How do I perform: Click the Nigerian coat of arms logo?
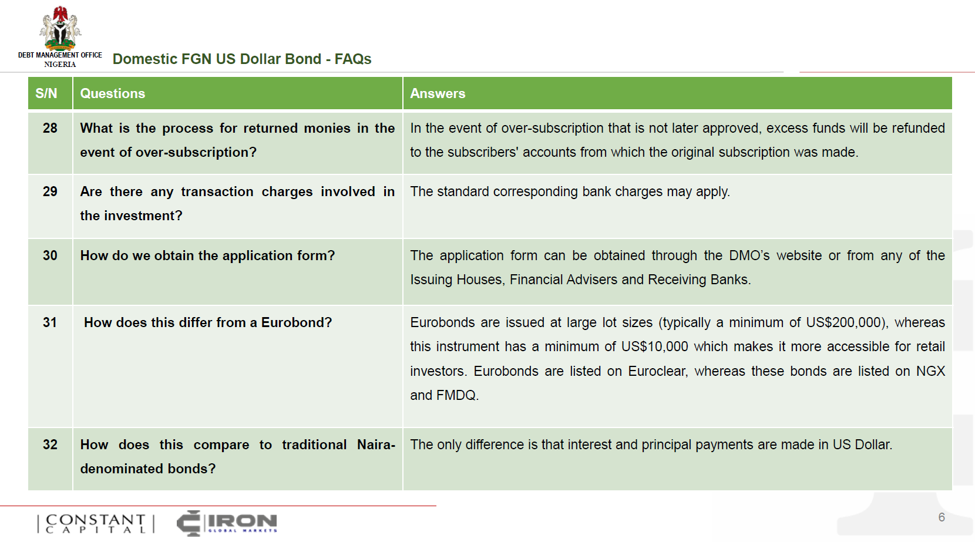point(60,28)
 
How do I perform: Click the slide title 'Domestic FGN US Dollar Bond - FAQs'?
point(241,59)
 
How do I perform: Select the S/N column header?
point(46,93)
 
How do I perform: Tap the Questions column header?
point(112,93)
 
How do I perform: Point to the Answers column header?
point(438,93)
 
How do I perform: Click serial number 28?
point(50,128)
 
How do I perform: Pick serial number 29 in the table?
point(50,191)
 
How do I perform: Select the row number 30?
point(50,255)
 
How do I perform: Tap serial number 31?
point(49,322)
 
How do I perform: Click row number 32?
point(50,445)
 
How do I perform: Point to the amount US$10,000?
point(655,346)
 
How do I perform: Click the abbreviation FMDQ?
point(457,395)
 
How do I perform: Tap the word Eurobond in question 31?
point(297,322)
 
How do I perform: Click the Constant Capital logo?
point(96,524)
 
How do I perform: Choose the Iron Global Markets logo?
point(227,523)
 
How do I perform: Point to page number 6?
point(942,517)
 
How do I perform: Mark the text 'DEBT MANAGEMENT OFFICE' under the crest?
point(60,55)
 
